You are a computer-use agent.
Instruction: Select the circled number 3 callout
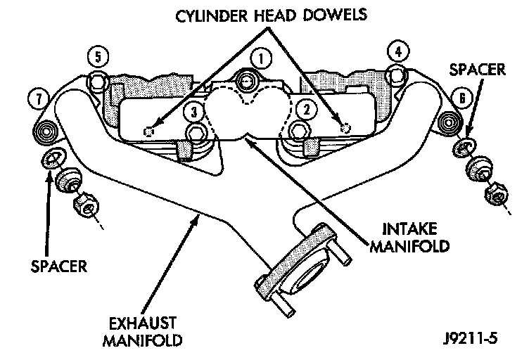coord(194,110)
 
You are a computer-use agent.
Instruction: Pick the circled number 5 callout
coord(99,55)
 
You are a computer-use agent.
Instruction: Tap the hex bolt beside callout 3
coord(196,134)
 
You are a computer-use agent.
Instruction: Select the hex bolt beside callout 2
coord(297,131)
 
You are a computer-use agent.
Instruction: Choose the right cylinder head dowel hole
coord(344,127)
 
